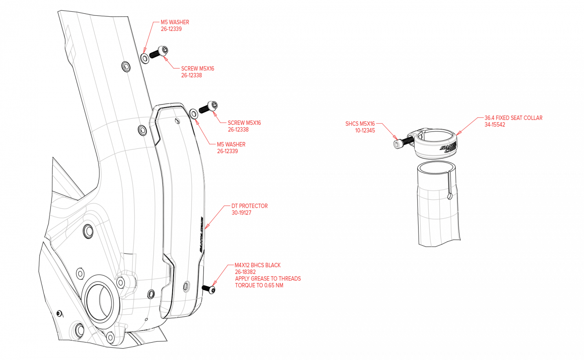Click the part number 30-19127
[x=241, y=213]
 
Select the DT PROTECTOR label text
[x=249, y=206]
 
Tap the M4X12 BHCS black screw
[x=209, y=289]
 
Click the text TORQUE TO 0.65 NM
[x=259, y=285]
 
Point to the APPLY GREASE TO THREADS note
[x=268, y=279]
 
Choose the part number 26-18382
[x=245, y=272]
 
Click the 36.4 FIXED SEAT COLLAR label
[x=513, y=118]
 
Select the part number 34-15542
[x=495, y=124]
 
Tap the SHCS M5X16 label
[x=360, y=124]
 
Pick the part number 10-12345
[x=365, y=131]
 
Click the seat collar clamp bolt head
[x=397, y=144]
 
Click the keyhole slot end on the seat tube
[x=449, y=196]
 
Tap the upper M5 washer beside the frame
[x=145, y=58]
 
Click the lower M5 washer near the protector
[x=193, y=114]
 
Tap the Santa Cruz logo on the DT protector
[x=201, y=234]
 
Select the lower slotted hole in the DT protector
[x=186, y=286]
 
